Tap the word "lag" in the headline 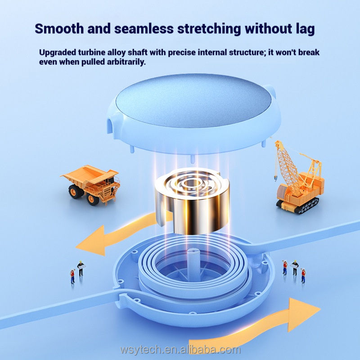[302, 28]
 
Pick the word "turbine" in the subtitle [92, 53]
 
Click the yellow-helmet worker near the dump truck [81, 268]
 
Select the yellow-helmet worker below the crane [295, 267]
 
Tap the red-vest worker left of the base [72, 276]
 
